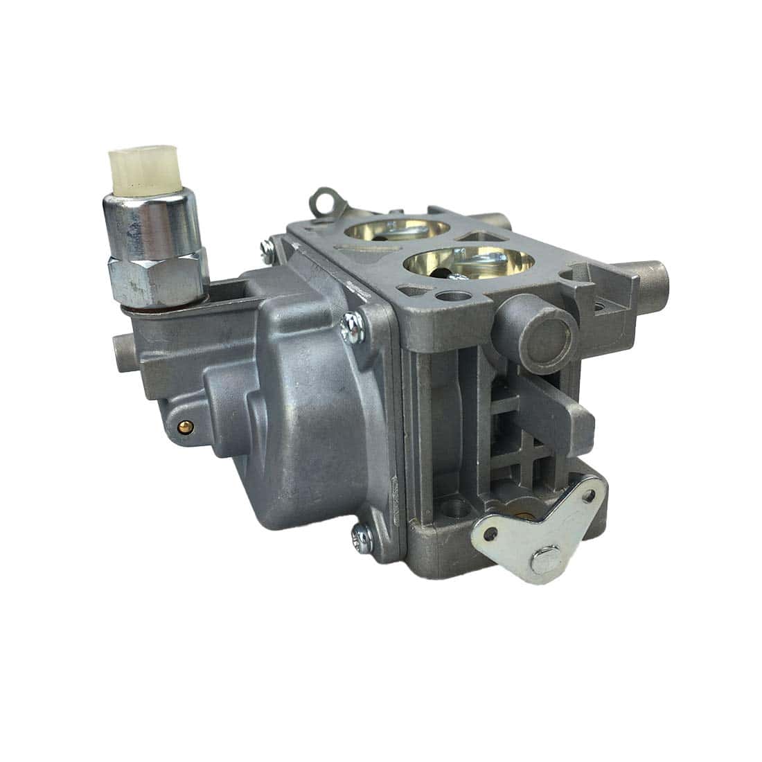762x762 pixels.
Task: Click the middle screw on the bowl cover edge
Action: [351, 322]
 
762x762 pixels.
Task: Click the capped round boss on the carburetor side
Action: [545, 330]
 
